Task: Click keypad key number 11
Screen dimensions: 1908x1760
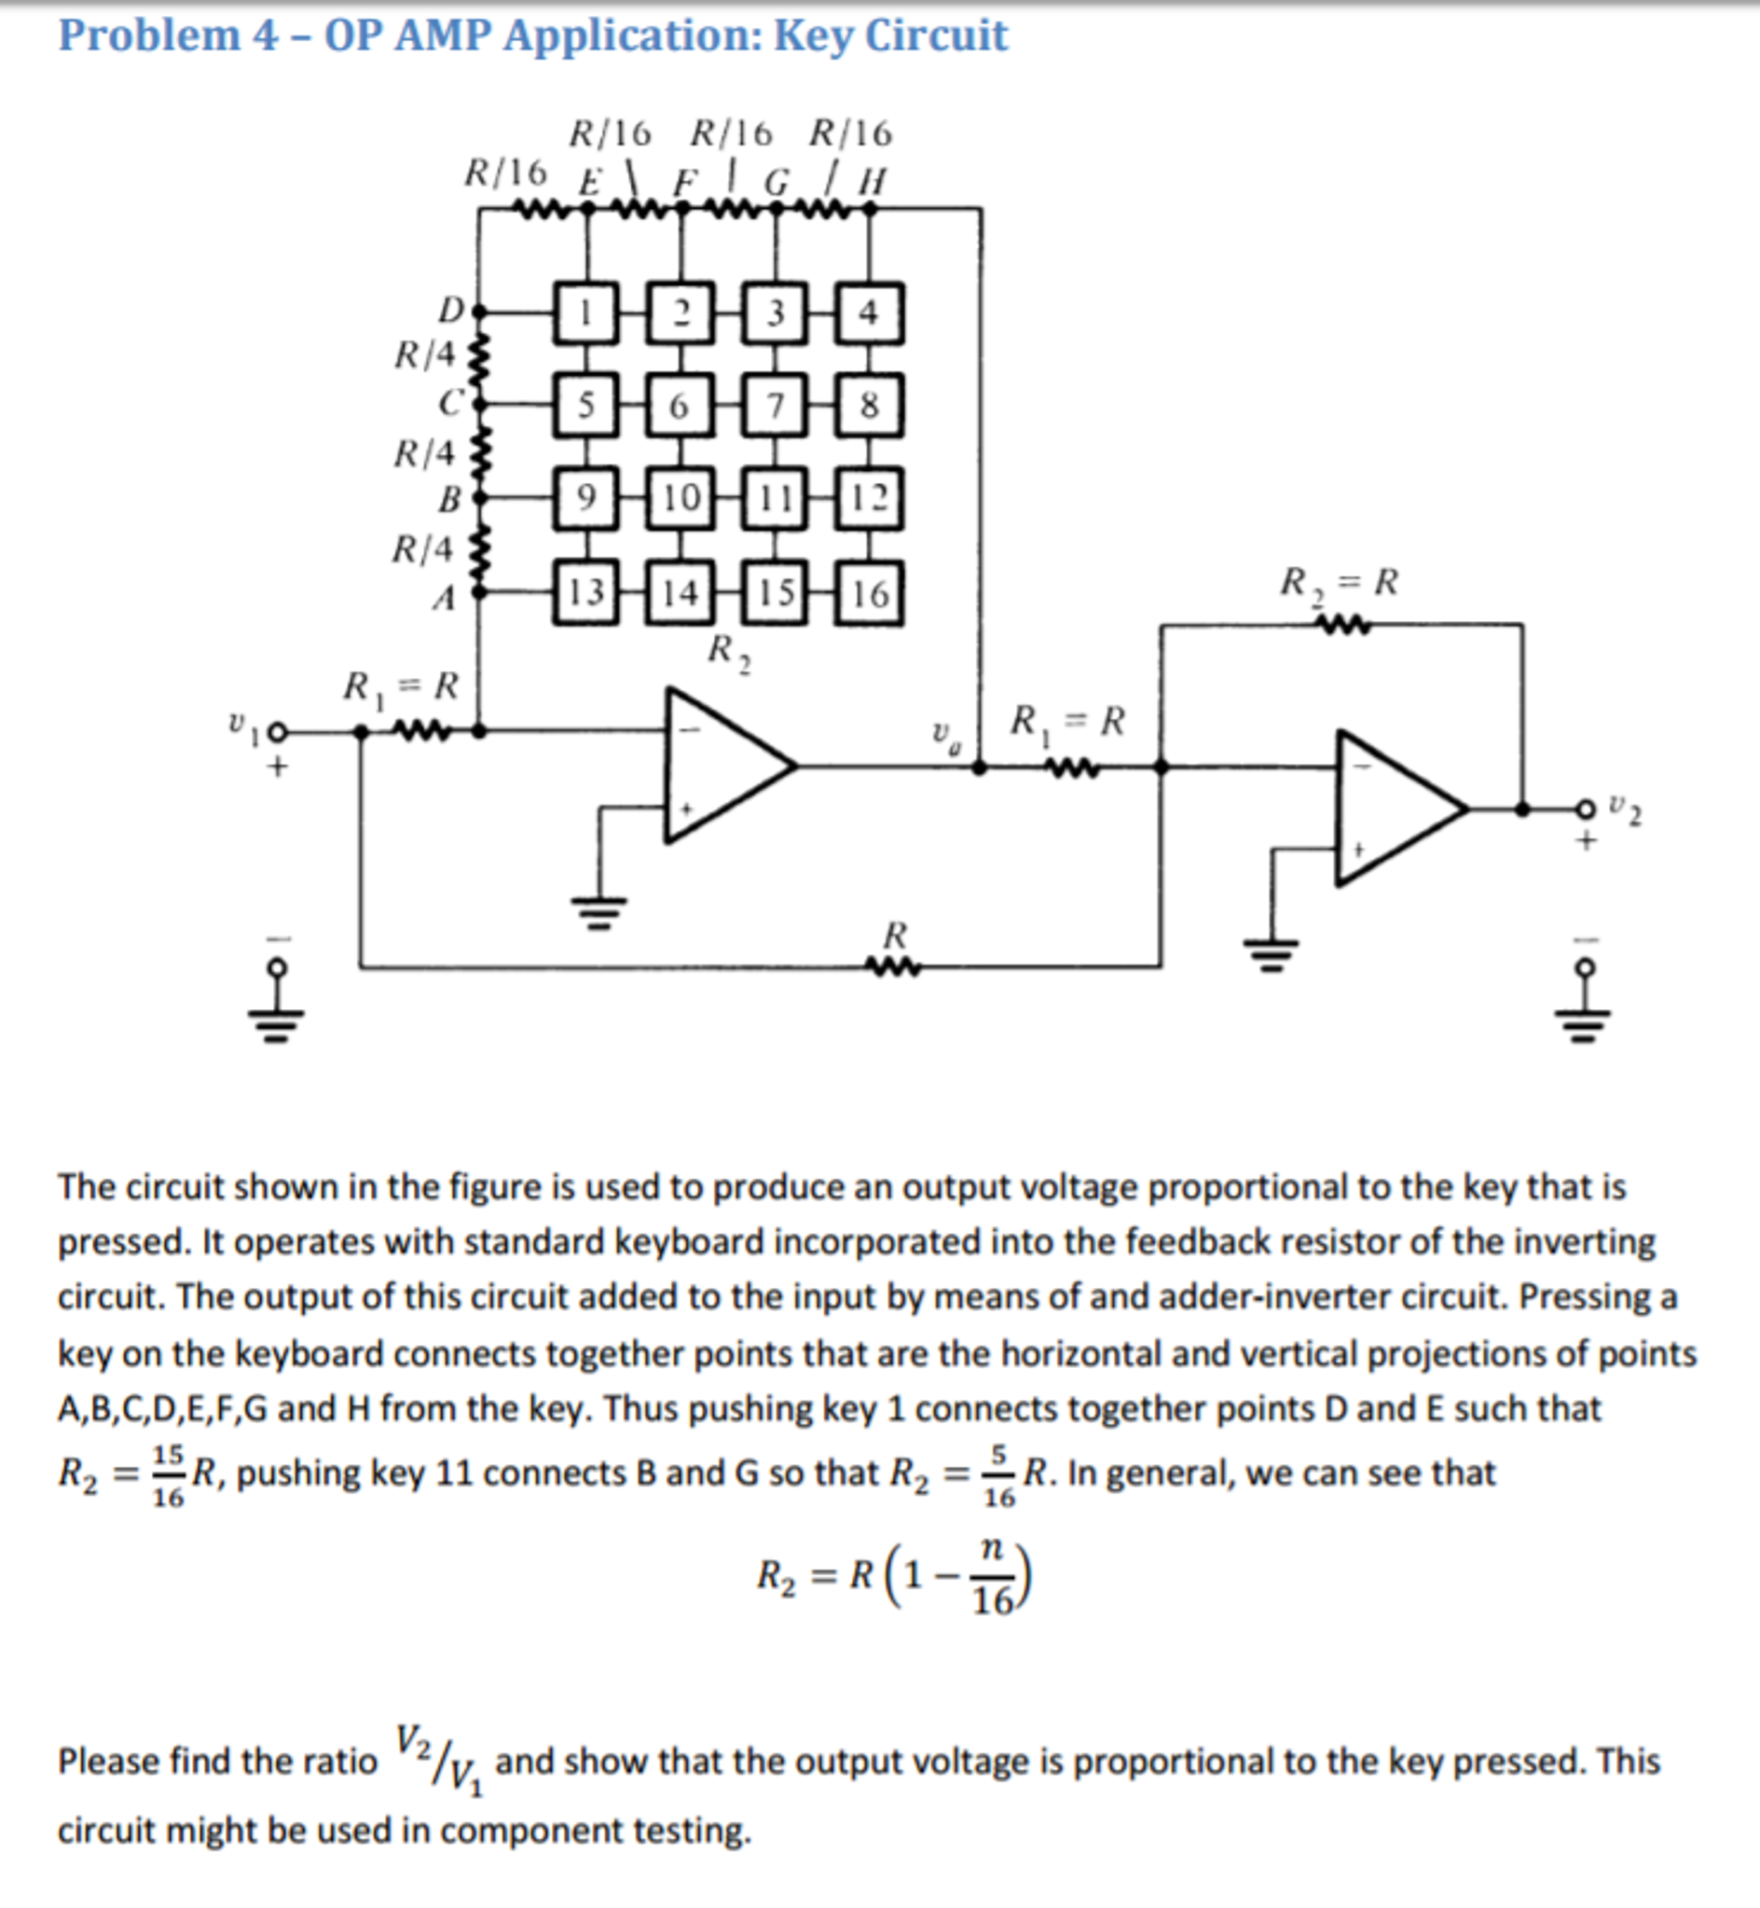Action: (x=775, y=497)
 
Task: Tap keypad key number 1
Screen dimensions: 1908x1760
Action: (x=585, y=311)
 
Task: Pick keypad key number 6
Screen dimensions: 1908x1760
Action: (x=679, y=405)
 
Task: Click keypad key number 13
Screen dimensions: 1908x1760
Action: (x=585, y=592)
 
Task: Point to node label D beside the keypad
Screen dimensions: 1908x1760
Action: (x=449, y=310)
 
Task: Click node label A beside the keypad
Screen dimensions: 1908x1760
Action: (x=444, y=598)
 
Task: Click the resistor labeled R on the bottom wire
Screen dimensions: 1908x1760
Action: (x=893, y=966)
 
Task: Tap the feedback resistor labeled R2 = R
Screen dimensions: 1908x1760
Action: (x=1341, y=625)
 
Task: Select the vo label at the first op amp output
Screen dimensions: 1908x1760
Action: (x=942, y=736)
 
